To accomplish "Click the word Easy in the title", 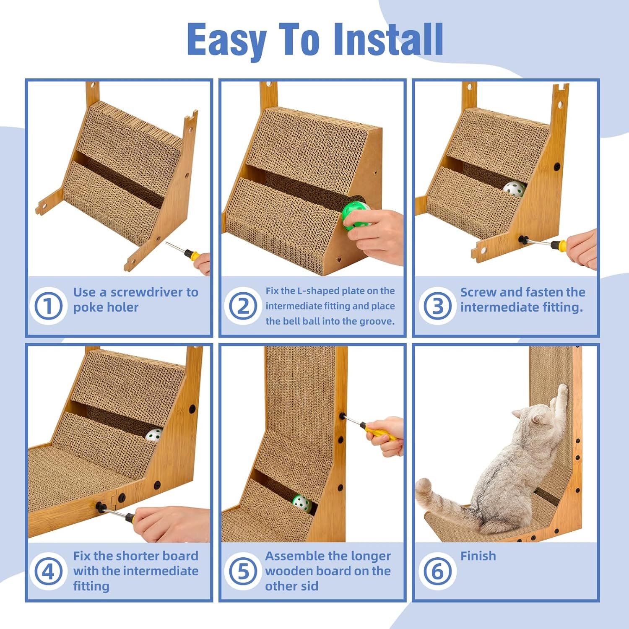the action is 226,41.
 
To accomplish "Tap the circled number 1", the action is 48,306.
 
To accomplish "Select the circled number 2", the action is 243,306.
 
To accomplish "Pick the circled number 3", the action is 437,306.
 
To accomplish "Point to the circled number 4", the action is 48,571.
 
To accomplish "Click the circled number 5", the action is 243,571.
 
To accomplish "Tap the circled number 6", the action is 437,571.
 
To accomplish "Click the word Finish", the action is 478,556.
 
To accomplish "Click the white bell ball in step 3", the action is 514,189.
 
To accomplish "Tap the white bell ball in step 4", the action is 154,435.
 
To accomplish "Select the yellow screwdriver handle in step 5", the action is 380,432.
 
